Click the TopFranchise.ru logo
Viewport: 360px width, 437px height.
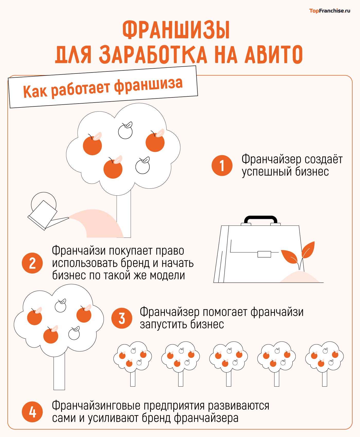tap(329, 11)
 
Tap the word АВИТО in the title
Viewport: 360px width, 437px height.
tap(273, 55)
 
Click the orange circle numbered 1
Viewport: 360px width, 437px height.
tap(222, 166)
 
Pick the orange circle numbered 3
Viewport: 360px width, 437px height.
tap(122, 318)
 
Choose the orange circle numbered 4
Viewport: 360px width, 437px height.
tap(32, 413)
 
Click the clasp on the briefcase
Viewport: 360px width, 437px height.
tap(264, 254)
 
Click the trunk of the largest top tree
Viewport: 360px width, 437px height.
tap(124, 216)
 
